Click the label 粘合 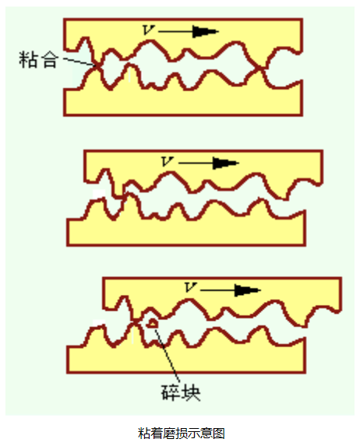(x=38, y=60)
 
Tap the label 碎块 (x=181, y=392)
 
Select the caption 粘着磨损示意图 (x=182, y=434)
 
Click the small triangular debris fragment (x=153, y=323)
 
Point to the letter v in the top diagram (x=148, y=30)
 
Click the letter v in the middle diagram (x=167, y=161)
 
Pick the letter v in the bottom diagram (x=190, y=287)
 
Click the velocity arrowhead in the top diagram (x=205, y=31)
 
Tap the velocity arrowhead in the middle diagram (x=225, y=163)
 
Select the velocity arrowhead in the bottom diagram (x=247, y=290)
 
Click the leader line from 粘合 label (x=79, y=62)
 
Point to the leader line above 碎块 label (x=168, y=355)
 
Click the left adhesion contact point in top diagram (x=97, y=66)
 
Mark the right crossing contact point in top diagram (x=260, y=68)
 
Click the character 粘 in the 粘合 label (x=28, y=60)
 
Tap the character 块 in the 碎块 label (x=191, y=392)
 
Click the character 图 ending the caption (x=219, y=434)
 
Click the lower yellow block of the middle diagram (x=186, y=231)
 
